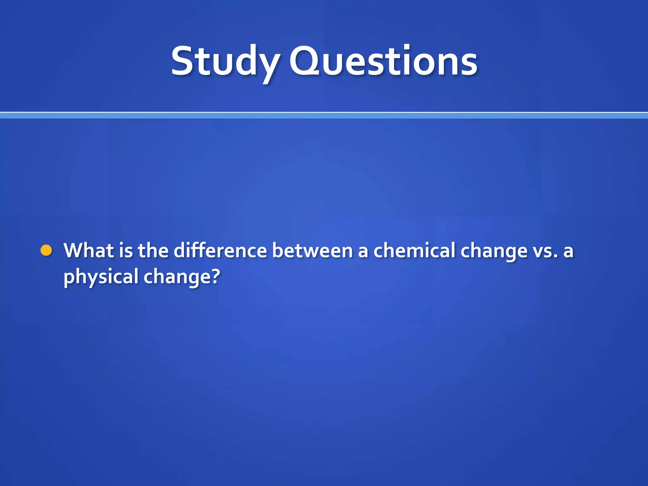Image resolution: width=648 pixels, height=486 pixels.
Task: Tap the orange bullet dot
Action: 46,250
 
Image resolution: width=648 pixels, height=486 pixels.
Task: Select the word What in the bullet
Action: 89,250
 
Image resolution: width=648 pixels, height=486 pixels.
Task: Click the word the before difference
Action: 153,250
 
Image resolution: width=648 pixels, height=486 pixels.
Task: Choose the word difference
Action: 220,250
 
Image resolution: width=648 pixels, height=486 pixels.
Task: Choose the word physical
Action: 101,277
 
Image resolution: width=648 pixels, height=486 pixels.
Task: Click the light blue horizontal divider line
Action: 324,115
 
